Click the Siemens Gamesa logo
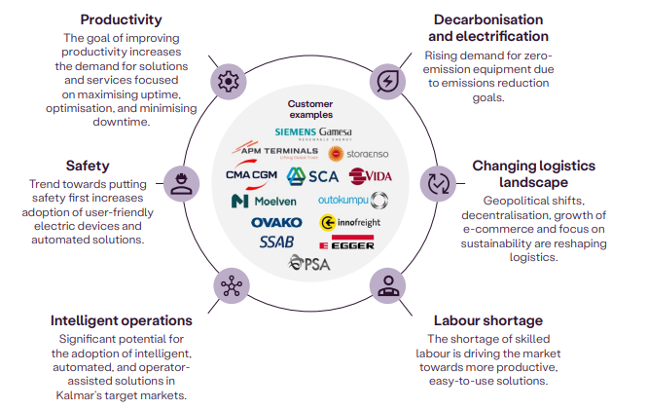(x=312, y=133)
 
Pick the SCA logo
(x=312, y=176)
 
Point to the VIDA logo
(x=369, y=176)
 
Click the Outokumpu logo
(x=352, y=201)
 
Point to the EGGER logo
(x=353, y=242)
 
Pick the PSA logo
(x=312, y=264)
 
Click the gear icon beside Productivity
(x=229, y=81)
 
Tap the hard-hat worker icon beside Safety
(x=180, y=182)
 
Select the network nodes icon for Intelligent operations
(x=231, y=286)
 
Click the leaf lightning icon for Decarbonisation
(x=388, y=80)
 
